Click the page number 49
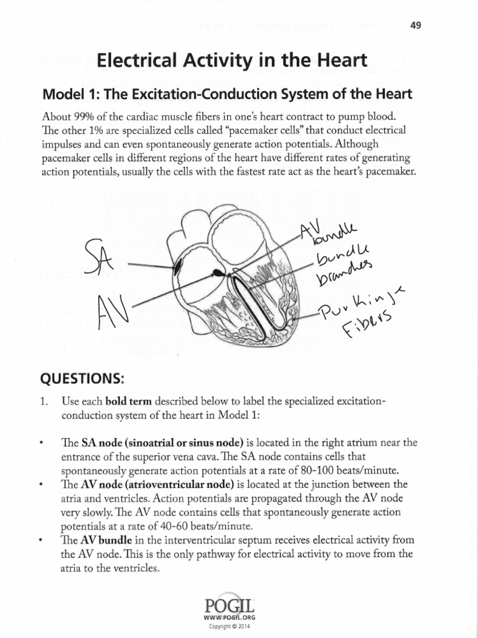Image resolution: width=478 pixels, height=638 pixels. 418,26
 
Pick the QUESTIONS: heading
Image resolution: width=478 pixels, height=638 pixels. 80,379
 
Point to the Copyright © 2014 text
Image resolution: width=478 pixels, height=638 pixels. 233,626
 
